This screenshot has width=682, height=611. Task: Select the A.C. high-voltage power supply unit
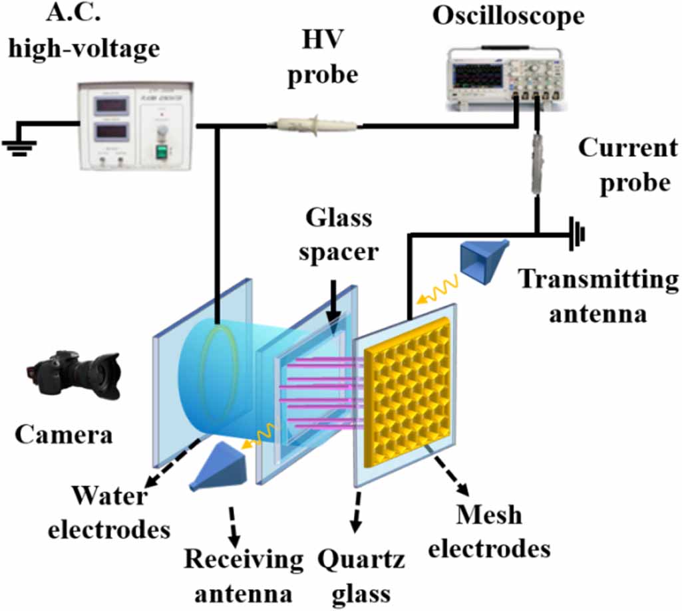[136, 125]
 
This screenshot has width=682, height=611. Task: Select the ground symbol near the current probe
[578, 234]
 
